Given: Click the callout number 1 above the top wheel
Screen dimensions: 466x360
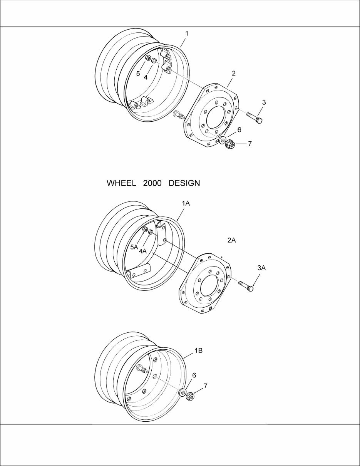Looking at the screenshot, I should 187,34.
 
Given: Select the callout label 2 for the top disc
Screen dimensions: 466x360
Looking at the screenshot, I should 234,73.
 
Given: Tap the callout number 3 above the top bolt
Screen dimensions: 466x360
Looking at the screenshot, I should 264,102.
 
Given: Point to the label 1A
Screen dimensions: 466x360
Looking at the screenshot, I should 186,204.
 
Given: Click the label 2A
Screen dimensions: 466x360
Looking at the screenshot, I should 231,240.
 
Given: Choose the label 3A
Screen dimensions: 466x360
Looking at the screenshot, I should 261,268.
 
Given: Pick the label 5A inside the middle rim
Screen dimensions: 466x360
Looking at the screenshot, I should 134,247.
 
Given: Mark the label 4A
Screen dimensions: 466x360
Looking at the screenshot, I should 143,251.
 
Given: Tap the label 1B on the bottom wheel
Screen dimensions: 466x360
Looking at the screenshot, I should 198,351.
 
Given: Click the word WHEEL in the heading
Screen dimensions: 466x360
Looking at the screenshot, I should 121,183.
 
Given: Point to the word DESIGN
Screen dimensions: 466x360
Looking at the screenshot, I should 184,183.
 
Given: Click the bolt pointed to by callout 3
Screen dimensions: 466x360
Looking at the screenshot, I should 254,117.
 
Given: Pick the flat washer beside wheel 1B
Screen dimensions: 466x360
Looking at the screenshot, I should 182,393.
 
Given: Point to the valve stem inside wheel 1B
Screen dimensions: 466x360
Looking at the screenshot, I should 142,370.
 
